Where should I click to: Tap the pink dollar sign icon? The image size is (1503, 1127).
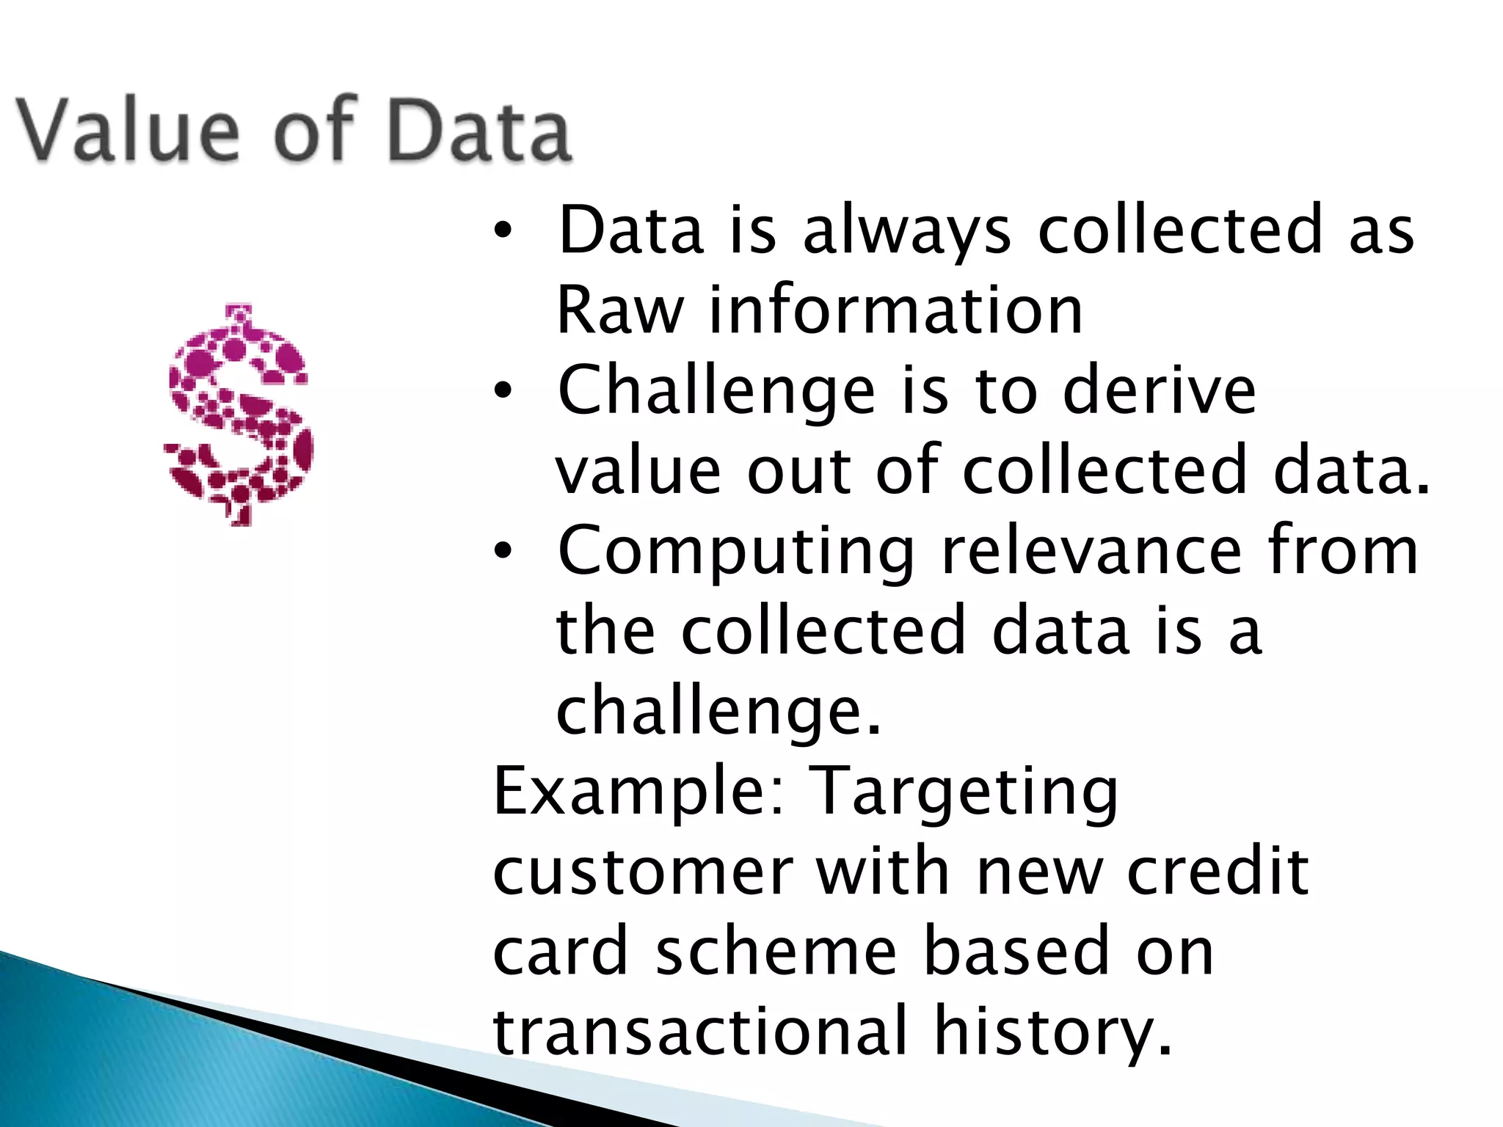[239, 415]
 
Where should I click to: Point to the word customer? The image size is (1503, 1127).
[643, 872]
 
